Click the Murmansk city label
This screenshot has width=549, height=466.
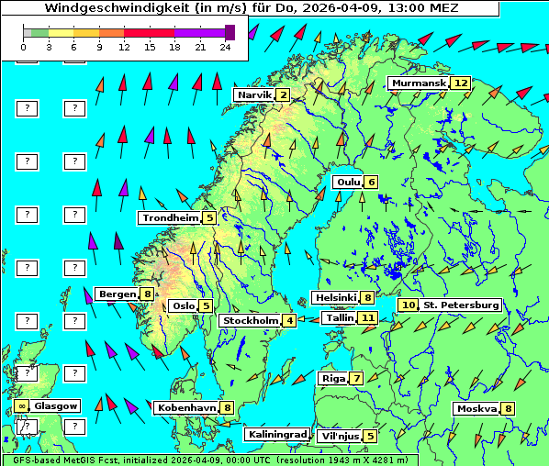tap(419, 83)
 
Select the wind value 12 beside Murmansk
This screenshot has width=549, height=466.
tap(461, 83)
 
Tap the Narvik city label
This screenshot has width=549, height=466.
tap(254, 94)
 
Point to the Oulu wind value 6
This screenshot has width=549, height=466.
tap(371, 182)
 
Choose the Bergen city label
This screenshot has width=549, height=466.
tap(117, 294)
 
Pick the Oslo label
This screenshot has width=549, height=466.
tap(184, 305)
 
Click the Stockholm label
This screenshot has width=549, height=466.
tap(250, 320)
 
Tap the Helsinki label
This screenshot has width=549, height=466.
tap(335, 297)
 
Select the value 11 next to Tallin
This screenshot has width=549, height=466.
tap(368, 317)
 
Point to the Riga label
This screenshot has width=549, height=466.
tap(331, 378)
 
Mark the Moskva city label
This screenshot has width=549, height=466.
tap(476, 408)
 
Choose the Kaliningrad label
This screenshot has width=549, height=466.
tap(277, 435)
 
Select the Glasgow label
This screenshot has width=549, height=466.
tap(57, 405)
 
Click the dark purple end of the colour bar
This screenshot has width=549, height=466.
tap(230, 32)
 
